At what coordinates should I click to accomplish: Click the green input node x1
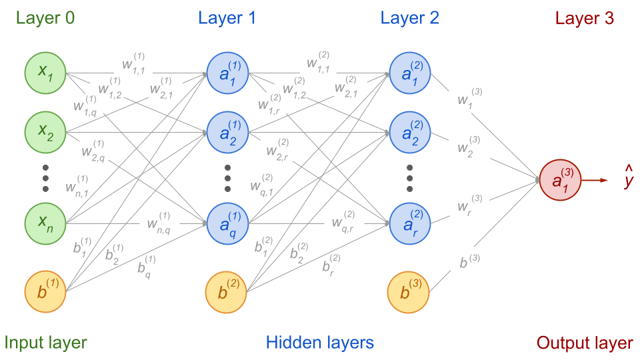point(45,71)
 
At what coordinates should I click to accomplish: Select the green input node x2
point(45,131)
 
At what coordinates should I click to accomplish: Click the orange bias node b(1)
point(45,291)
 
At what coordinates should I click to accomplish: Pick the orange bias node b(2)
point(227,291)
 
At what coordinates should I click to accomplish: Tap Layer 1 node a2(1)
point(227,131)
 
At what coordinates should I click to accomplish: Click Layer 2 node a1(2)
point(409,71)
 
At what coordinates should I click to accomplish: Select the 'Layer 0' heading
point(45,18)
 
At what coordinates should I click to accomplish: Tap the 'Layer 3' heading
point(584,18)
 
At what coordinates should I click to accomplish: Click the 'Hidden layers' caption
point(320,343)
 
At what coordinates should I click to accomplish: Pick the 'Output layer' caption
point(584,343)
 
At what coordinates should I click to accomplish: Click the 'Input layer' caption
point(45,343)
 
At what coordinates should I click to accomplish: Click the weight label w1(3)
point(467,99)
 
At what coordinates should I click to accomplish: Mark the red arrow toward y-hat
point(595,180)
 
